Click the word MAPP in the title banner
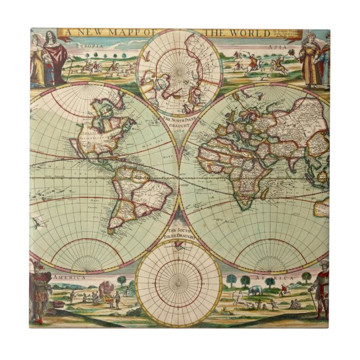(115, 33)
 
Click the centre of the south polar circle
(179, 282)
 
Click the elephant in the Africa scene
(255, 290)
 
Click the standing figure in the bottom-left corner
(40, 293)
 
